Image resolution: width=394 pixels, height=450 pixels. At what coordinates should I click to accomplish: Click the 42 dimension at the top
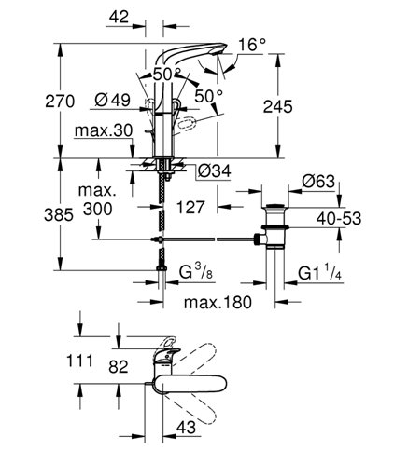(119, 17)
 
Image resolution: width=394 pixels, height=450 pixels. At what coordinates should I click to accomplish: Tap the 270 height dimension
(60, 102)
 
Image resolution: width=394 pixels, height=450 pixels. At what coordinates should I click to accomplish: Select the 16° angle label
(252, 45)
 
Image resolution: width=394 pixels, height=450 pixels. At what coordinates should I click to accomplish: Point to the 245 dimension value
(278, 106)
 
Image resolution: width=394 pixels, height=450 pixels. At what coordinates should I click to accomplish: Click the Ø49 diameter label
(112, 101)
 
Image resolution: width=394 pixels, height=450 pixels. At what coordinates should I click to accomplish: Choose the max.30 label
(104, 130)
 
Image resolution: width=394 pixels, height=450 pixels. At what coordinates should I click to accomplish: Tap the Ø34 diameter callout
(215, 170)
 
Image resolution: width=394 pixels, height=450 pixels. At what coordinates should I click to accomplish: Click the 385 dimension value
(59, 214)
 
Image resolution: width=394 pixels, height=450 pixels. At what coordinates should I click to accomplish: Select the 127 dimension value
(190, 207)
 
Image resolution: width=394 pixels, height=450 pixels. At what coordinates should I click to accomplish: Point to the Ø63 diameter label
(318, 181)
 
